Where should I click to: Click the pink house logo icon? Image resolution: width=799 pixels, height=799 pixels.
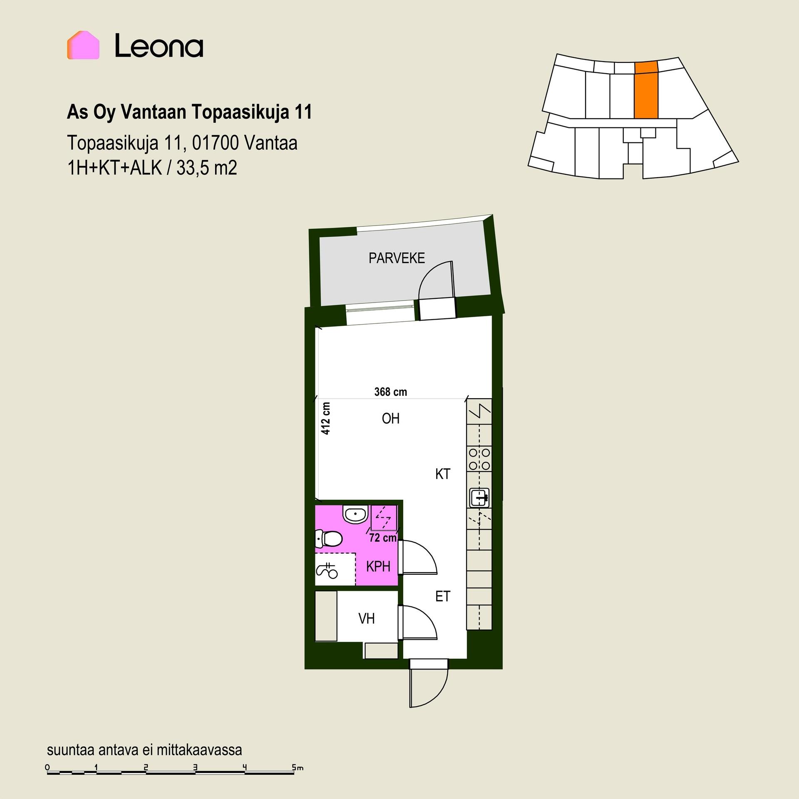pos(83,45)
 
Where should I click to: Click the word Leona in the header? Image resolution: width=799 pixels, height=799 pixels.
pos(159,46)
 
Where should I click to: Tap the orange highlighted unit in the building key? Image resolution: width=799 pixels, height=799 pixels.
pos(646,89)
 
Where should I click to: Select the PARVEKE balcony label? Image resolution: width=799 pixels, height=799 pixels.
pos(397,258)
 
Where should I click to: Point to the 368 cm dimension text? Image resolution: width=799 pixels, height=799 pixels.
pos(391,392)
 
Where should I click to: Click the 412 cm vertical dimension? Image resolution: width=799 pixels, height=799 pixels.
pos(326,418)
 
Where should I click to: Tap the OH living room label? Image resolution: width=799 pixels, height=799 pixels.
pos(391,418)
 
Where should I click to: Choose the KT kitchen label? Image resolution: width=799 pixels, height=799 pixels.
pos(443,474)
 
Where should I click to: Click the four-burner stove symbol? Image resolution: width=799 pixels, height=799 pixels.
pos(479,459)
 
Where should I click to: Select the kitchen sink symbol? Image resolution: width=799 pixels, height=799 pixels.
pos(480,497)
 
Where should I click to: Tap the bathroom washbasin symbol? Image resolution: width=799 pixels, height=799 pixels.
pos(355,514)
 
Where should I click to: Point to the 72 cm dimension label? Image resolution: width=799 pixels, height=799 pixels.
pos(383,538)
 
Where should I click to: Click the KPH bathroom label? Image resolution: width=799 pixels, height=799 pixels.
pos(378,566)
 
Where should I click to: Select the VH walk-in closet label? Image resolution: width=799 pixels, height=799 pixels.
pos(367,619)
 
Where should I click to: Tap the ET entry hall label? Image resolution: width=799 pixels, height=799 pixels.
pos(443,596)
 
